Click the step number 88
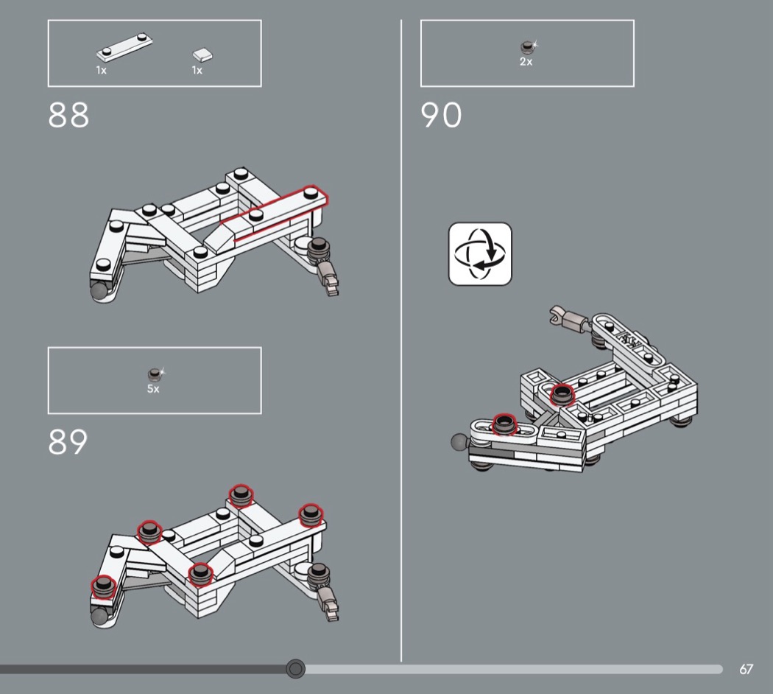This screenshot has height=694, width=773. (x=68, y=115)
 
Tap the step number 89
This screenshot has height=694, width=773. (x=68, y=441)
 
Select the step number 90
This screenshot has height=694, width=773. (x=441, y=115)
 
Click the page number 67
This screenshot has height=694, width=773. (x=746, y=669)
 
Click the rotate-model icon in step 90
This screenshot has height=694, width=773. (x=480, y=253)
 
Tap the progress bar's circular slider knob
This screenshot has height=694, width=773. (x=295, y=668)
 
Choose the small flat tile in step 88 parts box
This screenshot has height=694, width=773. (x=202, y=55)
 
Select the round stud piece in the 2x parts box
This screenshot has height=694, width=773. (x=528, y=47)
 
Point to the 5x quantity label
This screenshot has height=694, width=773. (x=153, y=389)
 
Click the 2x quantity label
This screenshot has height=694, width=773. (x=526, y=62)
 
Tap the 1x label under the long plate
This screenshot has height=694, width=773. (x=101, y=71)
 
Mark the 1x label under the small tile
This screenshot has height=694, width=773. (x=197, y=71)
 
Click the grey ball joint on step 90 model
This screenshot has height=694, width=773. (x=460, y=442)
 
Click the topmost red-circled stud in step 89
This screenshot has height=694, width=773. (x=241, y=496)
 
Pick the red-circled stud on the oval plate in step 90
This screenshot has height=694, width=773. (x=504, y=424)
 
